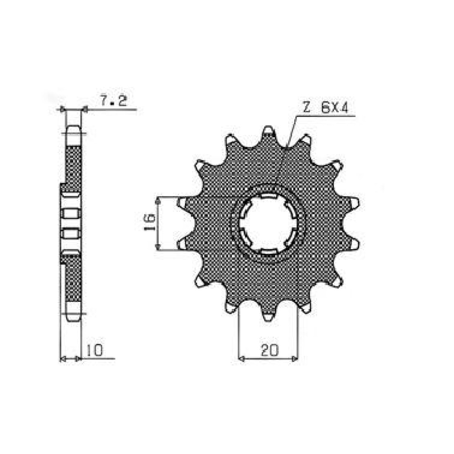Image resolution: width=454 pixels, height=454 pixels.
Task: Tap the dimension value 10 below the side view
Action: [x=94, y=350]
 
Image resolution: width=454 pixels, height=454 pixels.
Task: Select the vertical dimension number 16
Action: [x=150, y=223]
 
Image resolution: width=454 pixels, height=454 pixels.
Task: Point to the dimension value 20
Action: [x=269, y=350]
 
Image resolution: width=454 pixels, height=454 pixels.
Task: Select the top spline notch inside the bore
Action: [x=268, y=196]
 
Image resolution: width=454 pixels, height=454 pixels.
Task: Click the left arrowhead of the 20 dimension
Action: [x=241, y=358]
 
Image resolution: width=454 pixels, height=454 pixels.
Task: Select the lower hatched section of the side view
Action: [x=73, y=278]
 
